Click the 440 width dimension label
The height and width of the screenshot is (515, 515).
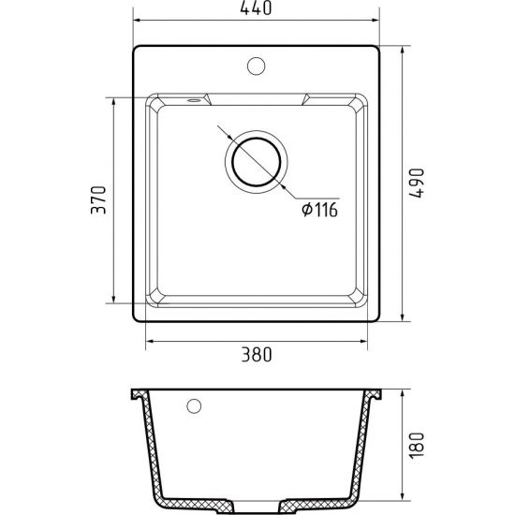256,7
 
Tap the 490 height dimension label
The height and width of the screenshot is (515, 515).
417,183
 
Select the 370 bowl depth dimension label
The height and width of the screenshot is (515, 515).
98,200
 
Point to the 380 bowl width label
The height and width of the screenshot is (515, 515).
257,354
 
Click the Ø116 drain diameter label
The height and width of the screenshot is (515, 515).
319,210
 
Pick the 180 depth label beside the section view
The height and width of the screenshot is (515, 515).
417,446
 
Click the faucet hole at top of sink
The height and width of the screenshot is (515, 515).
256,66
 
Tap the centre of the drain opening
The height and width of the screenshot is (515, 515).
257,162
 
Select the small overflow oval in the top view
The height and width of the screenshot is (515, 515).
194,100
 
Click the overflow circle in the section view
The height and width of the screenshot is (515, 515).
194,406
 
